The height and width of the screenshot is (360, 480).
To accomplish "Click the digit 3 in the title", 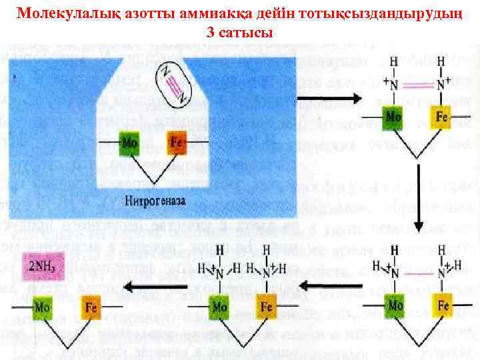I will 211,33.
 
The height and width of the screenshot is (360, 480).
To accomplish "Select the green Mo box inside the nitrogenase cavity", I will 130,143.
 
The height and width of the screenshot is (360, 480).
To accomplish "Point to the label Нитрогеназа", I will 154,199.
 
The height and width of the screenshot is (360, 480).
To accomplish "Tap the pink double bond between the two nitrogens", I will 418,85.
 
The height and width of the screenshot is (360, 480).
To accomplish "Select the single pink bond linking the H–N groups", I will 418,273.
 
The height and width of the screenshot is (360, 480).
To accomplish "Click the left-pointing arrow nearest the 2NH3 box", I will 147,287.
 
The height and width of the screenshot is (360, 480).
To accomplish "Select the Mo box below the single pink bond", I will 395,306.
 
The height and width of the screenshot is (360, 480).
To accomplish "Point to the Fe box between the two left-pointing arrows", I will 266,307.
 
